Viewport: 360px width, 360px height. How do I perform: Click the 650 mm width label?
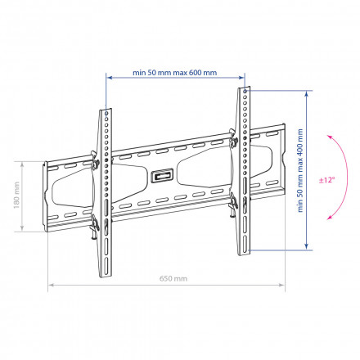(x=173, y=278)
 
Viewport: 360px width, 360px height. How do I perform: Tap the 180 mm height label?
(x=16, y=196)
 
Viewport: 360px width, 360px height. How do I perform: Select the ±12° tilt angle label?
(x=327, y=180)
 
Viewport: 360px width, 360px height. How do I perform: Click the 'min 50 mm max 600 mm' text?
(x=175, y=73)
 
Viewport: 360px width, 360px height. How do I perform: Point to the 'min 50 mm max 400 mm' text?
(x=300, y=170)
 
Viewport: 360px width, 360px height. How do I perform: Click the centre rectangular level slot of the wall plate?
(x=163, y=175)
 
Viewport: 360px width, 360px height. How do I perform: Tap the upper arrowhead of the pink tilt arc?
(x=330, y=137)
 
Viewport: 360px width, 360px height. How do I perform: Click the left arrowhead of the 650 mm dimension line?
(x=51, y=285)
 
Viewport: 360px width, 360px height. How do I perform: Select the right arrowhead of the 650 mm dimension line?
(x=281, y=285)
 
